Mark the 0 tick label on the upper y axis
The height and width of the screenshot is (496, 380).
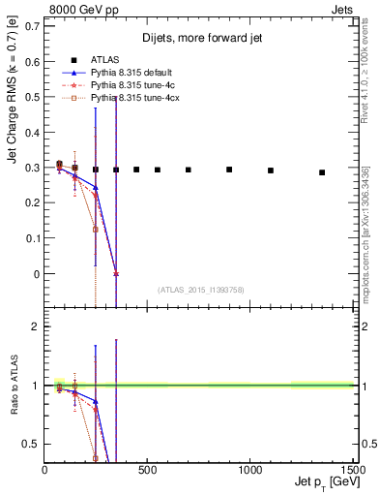point(37,274)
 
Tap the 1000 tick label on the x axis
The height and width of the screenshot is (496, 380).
point(250,469)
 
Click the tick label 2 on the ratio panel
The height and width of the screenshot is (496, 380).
point(37,326)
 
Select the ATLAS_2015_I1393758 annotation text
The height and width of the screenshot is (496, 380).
point(200,290)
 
